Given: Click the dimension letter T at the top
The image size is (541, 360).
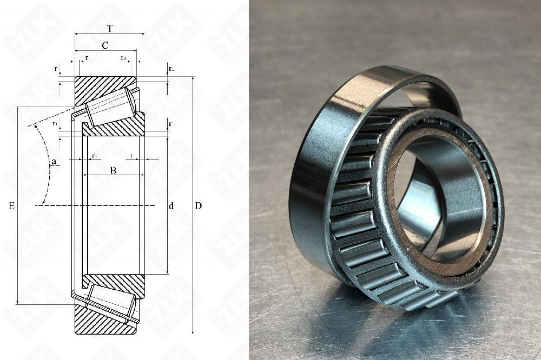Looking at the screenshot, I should (x=110, y=28).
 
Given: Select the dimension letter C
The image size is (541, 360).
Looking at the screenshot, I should (x=105, y=45).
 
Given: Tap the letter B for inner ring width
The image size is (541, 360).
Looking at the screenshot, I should (x=113, y=170).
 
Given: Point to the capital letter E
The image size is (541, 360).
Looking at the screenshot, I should (x=11, y=206).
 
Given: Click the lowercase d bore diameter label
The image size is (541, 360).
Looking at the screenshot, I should (x=171, y=206).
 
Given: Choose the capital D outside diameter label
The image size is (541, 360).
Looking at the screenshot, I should (x=199, y=206).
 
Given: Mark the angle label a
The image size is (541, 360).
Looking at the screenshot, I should (x=54, y=161).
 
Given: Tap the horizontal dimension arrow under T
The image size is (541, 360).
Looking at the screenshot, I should (x=110, y=34).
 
